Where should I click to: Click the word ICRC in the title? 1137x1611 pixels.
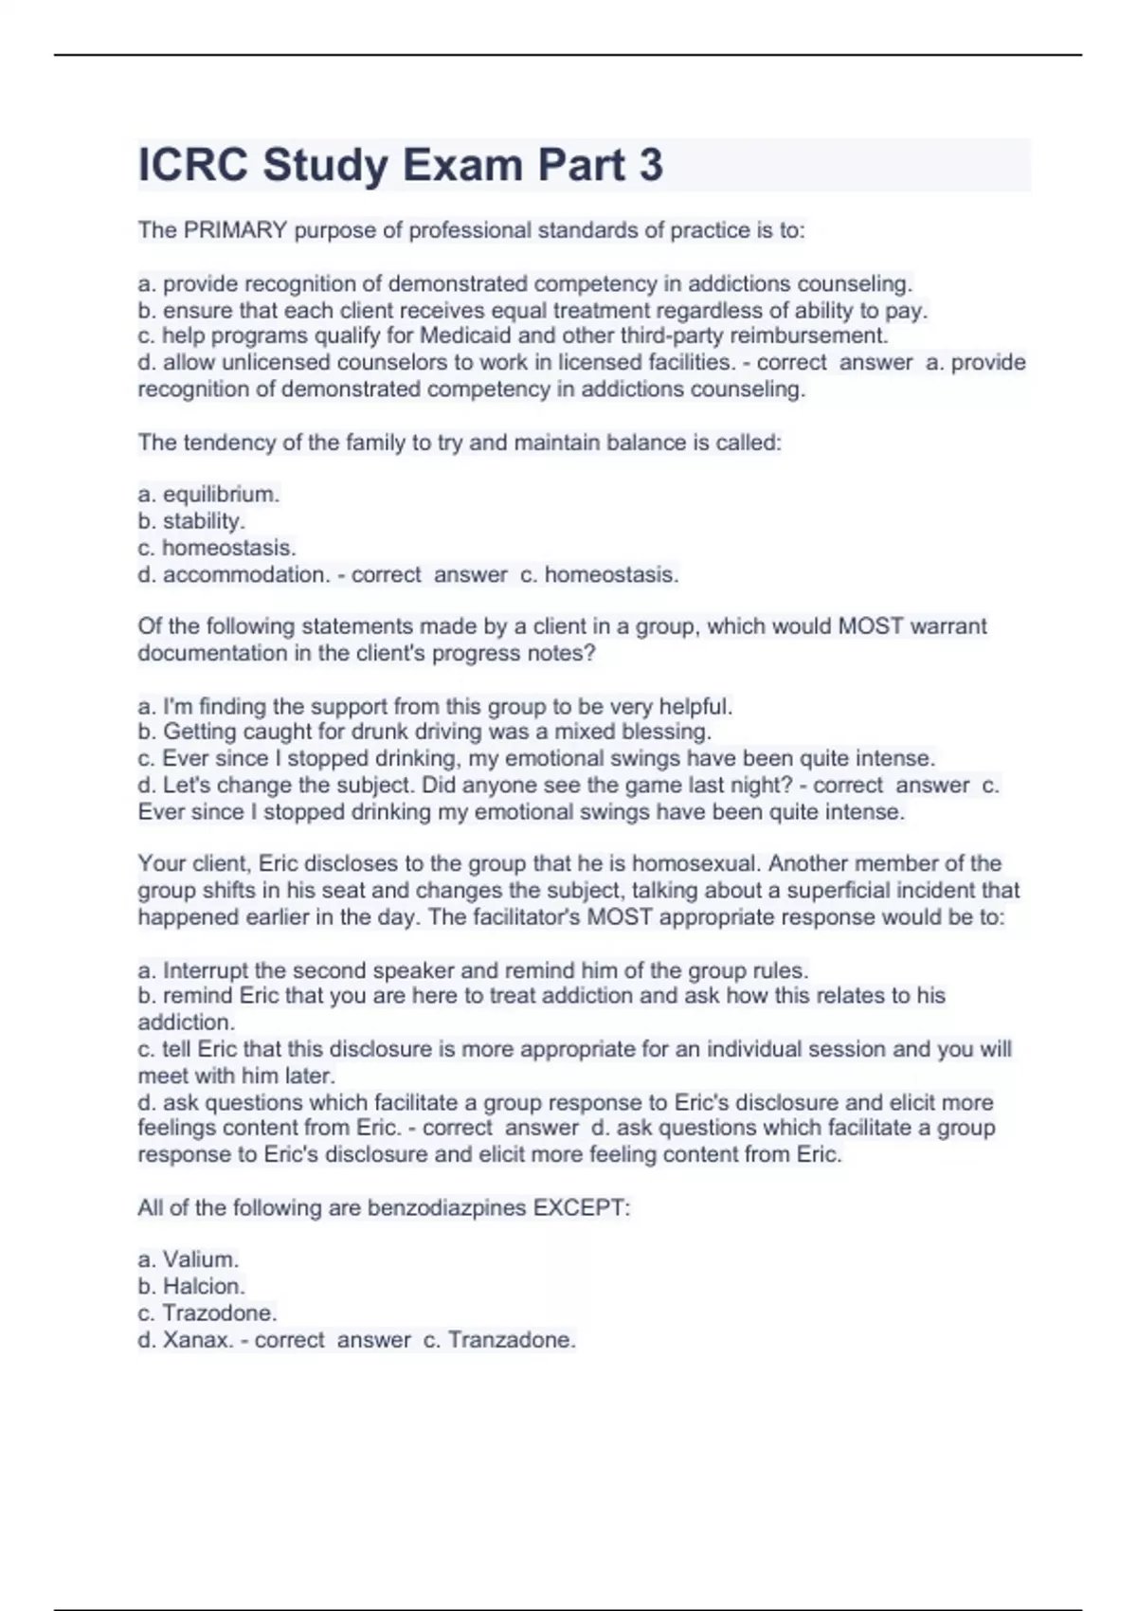coord(193,165)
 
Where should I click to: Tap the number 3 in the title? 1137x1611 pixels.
coord(651,165)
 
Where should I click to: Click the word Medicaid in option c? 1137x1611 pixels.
coord(465,335)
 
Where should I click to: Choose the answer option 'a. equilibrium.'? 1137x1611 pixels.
coord(208,494)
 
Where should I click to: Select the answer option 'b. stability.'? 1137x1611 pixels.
coord(191,520)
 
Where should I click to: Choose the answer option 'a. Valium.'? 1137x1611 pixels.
coord(189,1259)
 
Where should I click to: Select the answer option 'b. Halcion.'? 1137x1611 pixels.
coord(191,1286)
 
